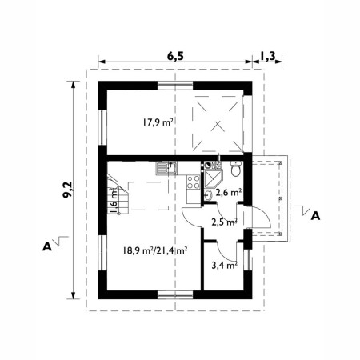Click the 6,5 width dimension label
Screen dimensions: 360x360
point(174,56)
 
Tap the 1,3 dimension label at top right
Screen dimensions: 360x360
point(269,56)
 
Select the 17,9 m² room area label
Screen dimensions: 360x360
point(158,122)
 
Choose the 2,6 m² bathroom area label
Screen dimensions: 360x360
point(229,192)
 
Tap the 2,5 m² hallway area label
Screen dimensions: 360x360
point(223,222)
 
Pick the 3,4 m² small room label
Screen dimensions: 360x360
point(223,264)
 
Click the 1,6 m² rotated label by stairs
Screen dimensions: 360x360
point(114,194)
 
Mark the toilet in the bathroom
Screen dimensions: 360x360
point(234,170)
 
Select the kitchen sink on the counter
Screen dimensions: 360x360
point(165,167)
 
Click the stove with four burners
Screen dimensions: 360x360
point(192,183)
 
